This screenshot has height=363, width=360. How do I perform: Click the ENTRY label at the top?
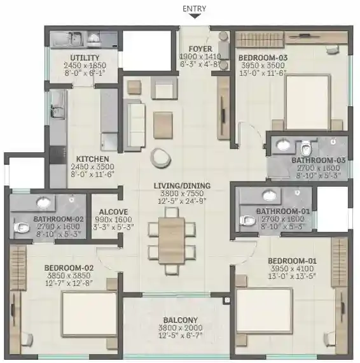[x=194, y=8]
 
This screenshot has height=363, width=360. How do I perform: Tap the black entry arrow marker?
[x=194, y=17]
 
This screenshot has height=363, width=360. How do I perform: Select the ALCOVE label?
[x=104, y=213]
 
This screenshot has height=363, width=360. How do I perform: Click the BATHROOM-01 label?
[x=275, y=211]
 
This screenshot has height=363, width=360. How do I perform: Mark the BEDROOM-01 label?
[x=292, y=261]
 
